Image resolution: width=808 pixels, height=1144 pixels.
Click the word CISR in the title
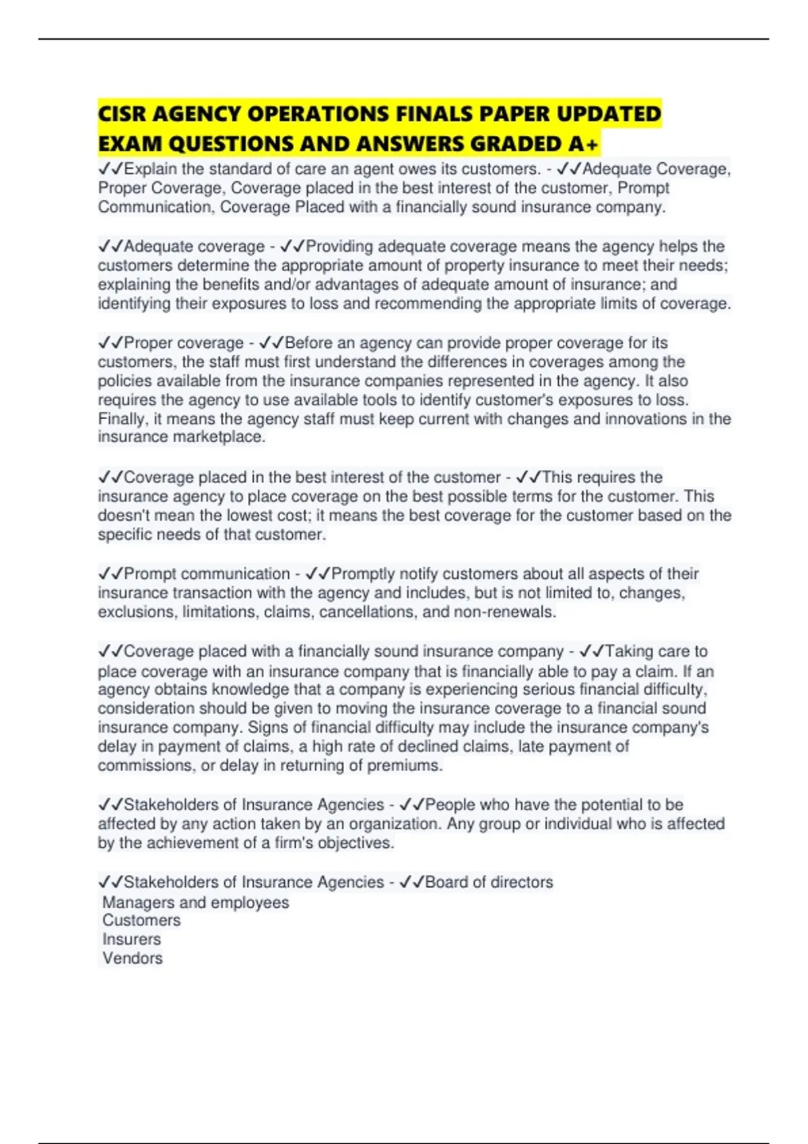click(122, 114)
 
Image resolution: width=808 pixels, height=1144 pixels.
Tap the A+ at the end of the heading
click(584, 144)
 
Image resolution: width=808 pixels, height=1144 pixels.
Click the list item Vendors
click(133, 958)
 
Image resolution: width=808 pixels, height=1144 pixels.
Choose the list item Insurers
click(131, 939)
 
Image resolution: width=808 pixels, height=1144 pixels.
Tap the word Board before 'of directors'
click(446, 882)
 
